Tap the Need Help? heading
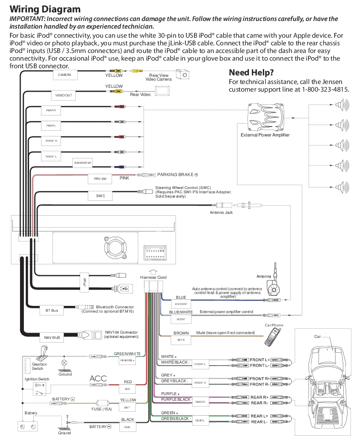click(x=251, y=73)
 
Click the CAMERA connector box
click(x=65, y=75)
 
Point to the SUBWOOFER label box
click(x=82, y=163)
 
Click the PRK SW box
click(x=100, y=179)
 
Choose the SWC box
click(x=100, y=196)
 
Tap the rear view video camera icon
click(x=183, y=74)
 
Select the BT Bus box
click(x=51, y=311)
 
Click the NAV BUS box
click(x=52, y=338)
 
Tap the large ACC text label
click(x=98, y=378)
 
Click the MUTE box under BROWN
click(x=181, y=340)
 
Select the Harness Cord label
click(x=153, y=277)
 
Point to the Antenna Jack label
click(x=221, y=212)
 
